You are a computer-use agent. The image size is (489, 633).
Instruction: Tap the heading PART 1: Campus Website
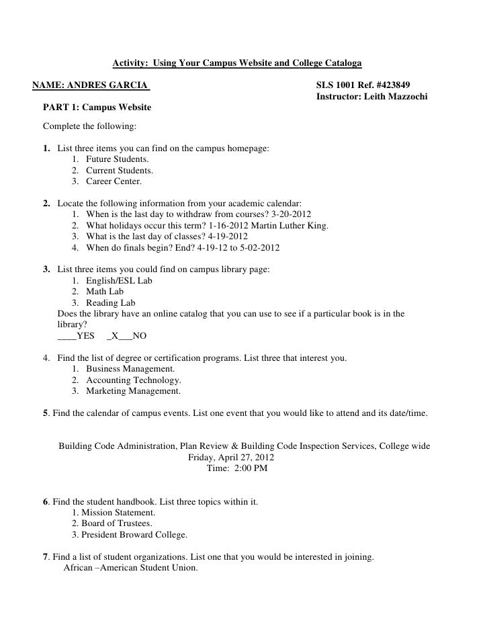click(97, 108)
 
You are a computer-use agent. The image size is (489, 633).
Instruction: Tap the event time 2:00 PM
click(250, 468)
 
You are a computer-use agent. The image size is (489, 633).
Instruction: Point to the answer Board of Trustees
click(116, 523)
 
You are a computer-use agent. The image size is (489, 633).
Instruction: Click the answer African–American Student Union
click(130, 567)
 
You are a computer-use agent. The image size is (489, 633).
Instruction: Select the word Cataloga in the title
click(340, 64)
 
